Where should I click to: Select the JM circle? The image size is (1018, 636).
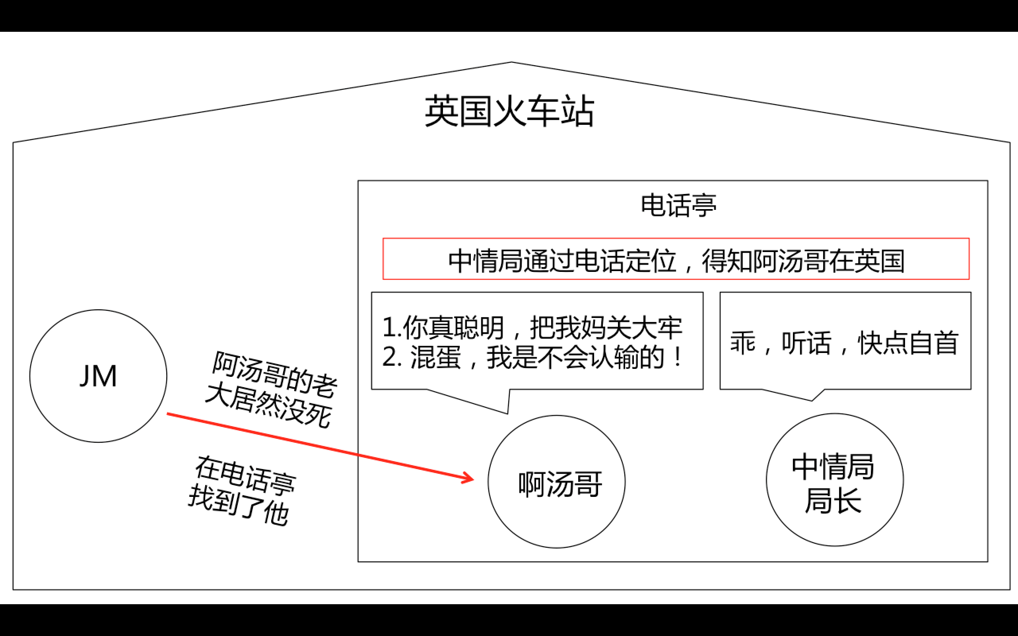point(98,376)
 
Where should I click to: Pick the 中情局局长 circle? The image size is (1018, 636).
point(835,480)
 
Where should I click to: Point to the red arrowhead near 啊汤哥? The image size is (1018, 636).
point(469,478)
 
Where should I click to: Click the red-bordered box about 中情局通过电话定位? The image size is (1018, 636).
point(676,259)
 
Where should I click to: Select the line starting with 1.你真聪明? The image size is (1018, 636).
point(532,328)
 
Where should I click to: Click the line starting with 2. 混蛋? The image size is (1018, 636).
point(532,357)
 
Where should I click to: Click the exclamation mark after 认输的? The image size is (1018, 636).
point(677,357)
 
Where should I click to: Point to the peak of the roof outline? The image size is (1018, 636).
point(511,63)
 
